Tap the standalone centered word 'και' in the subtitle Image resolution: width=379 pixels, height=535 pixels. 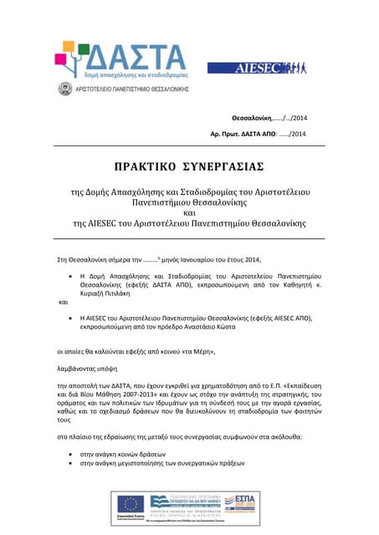click(189, 212)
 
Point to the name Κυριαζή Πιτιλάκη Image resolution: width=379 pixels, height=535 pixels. click(115, 295)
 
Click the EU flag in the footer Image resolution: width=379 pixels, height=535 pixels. click(132, 502)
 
